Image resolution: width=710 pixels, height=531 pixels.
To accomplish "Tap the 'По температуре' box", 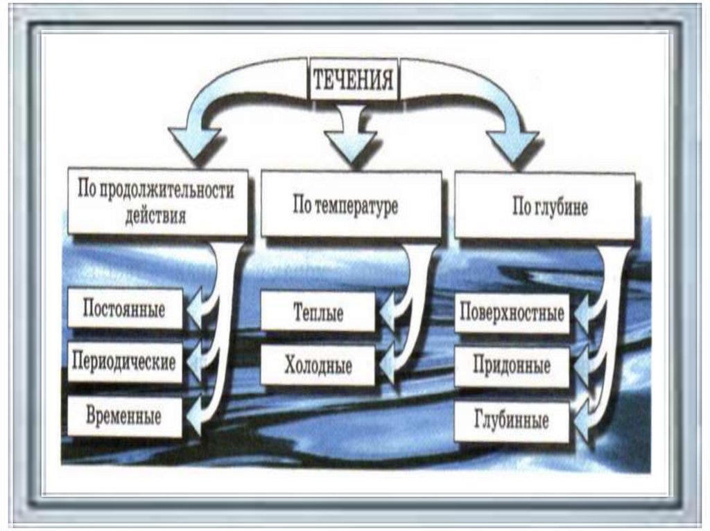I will click(351, 206).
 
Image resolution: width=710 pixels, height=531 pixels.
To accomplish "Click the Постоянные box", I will click(125, 309).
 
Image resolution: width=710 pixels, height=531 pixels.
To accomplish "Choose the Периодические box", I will click(125, 362).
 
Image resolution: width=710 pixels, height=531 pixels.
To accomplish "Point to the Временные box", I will click(125, 417).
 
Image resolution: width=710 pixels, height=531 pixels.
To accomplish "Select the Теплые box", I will click(318, 312).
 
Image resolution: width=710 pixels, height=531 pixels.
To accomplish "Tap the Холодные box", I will click(318, 365).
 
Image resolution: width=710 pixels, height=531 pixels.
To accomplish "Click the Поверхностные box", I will click(512, 314).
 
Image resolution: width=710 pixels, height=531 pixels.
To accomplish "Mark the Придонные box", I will click(512, 366).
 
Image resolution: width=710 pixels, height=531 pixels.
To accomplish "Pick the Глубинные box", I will click(512, 421).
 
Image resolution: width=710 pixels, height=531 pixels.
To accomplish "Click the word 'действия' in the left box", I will click(156, 215).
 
